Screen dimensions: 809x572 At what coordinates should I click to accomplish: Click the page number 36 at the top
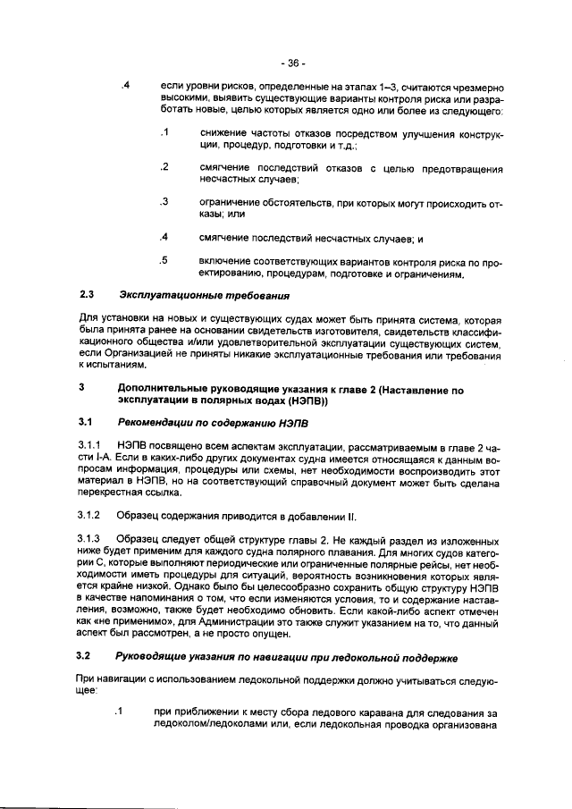[292, 63]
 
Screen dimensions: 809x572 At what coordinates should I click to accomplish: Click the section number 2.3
[87, 294]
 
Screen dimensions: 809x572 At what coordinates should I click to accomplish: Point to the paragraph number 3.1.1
[92, 445]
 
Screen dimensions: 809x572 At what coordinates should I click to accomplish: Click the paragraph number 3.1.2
[92, 516]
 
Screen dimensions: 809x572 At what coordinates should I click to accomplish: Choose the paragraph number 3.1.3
[92, 541]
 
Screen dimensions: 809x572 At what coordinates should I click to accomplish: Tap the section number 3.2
[87, 657]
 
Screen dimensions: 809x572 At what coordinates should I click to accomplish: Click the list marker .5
[164, 261]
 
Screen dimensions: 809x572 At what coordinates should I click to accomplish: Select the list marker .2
[164, 167]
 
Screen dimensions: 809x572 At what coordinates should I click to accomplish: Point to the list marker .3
[164, 202]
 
